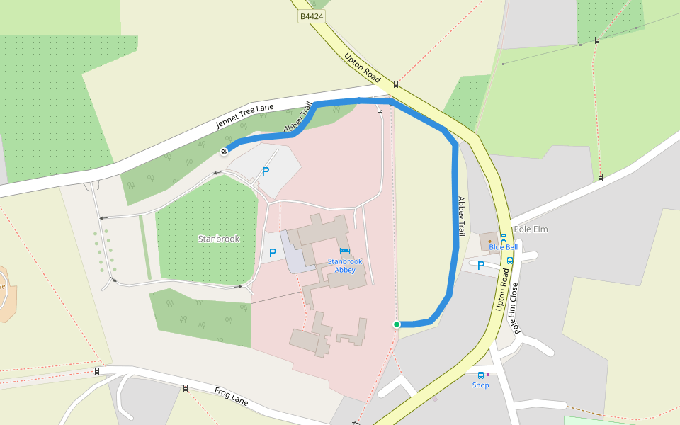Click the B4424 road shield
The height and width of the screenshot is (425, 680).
(312, 16)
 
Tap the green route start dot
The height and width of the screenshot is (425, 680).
(397, 324)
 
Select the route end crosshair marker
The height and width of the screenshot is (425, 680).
(225, 150)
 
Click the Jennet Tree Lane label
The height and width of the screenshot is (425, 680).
(244, 116)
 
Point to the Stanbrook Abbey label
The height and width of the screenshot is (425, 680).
(345, 266)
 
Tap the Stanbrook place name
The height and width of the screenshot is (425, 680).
(218, 239)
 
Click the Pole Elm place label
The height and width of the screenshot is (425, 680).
(531, 229)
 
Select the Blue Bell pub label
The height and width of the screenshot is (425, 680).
(503, 247)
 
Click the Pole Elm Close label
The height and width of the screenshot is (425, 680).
(516, 308)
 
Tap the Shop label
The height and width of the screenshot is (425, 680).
(480, 385)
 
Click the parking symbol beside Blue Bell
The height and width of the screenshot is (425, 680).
(481, 266)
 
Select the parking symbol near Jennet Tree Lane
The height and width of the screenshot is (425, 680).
(266, 171)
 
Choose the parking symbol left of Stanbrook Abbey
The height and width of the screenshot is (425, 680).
(273, 253)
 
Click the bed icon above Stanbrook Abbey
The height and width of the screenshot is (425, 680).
(344, 251)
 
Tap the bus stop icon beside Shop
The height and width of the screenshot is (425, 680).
(480, 375)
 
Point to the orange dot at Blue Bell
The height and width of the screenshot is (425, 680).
(489, 242)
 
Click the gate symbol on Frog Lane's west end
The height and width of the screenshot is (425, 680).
(97, 371)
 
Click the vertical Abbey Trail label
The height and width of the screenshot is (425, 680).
(460, 216)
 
